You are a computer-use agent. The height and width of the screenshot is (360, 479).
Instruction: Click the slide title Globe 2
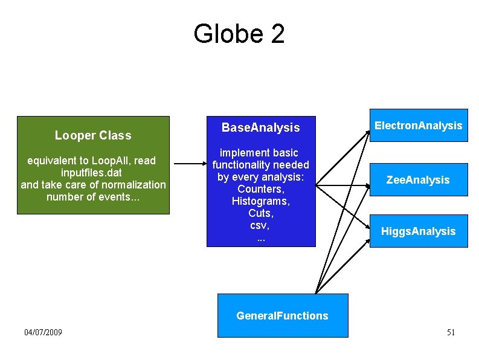pos(239,34)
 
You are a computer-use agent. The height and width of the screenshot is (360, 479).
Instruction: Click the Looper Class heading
pos(93,135)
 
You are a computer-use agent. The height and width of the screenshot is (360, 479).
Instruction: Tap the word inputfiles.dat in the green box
pos(92,172)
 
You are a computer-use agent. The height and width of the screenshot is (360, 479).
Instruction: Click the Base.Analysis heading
pos(260,127)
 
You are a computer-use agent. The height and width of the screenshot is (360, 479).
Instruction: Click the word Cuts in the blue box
pos(260,213)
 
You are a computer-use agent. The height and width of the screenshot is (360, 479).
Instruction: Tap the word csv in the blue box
pos(259,225)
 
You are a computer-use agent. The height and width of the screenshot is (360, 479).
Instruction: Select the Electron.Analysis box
pos(418,126)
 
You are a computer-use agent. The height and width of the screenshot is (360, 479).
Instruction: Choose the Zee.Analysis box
pos(418,180)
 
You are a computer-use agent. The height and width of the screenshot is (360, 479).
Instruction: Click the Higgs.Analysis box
pos(418,231)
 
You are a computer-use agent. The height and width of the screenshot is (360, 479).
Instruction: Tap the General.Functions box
pos(282,315)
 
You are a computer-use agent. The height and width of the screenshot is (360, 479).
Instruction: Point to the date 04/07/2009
pos(43,332)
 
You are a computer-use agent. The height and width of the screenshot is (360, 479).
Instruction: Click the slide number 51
pos(451,332)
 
